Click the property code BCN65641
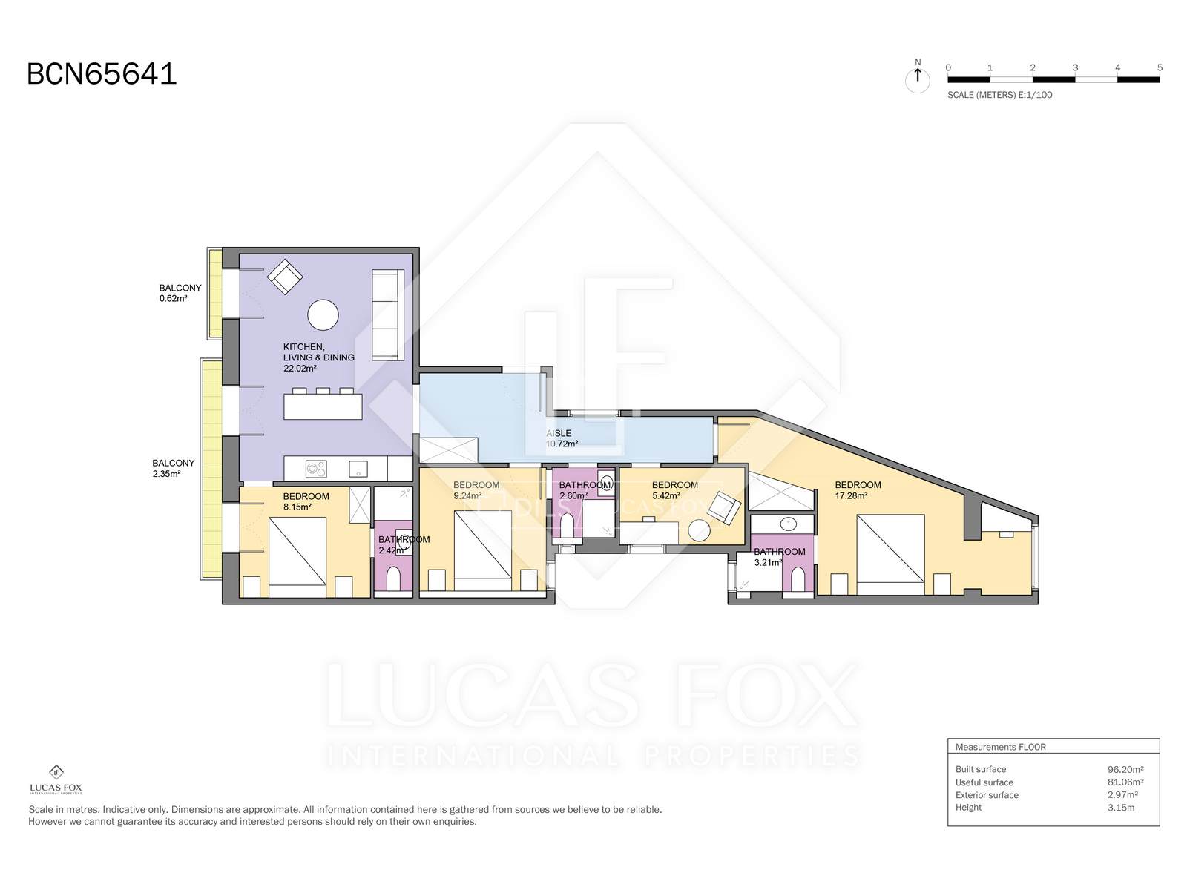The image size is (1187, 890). pos(102,74)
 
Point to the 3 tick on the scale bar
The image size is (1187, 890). pos(1075,68)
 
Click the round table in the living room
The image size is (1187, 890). pos(323,314)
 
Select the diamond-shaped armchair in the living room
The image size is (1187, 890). pos(285,277)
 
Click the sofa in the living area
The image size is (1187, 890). pos(388,315)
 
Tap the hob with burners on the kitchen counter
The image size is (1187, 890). pos(316,469)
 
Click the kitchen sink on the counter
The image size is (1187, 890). pos(358,469)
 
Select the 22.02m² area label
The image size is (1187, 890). pos(300,369)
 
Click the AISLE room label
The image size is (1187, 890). pos(559,433)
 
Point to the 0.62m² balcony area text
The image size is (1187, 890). pos(173,298)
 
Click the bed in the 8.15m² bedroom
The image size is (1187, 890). pos(297,556)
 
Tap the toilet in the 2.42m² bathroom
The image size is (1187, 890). pos(393,578)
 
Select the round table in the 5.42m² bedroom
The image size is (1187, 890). pos(699,530)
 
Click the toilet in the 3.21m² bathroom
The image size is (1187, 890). pos(798,579)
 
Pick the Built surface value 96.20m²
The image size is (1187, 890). pos(1125,770)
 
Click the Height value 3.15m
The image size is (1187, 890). pos(1121,808)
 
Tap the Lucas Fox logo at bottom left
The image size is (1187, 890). pos(56,779)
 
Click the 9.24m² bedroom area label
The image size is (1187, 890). pos(467,496)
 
